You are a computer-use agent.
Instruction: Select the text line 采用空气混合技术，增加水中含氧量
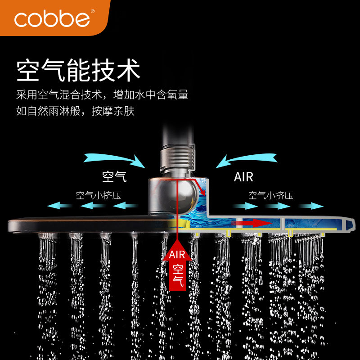coord(102,95)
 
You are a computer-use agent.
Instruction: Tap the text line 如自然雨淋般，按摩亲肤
coord(75,111)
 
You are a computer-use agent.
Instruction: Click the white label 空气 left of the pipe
coord(114,176)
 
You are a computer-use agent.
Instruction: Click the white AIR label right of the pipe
coord(243,176)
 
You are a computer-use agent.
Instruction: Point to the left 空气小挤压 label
coord(98,196)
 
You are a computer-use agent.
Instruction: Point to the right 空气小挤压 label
coord(271,196)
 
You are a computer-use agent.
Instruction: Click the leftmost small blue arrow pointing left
coord(60,206)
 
